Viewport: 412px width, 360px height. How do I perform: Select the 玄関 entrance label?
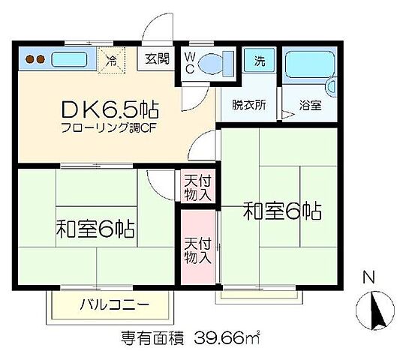[158, 58]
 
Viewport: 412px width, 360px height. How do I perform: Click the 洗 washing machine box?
[259, 60]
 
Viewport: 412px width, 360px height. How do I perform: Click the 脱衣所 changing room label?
[248, 106]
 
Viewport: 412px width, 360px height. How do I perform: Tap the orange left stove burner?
[26, 58]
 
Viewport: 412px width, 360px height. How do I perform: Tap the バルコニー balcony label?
[114, 305]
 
